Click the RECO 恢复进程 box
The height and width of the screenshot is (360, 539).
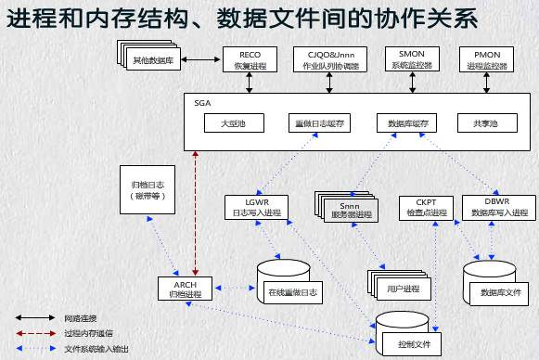tap(249, 59)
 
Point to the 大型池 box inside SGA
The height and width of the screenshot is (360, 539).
tap(232, 123)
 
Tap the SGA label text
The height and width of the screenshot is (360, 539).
tap(202, 101)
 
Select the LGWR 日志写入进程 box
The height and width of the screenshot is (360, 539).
tap(255, 207)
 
